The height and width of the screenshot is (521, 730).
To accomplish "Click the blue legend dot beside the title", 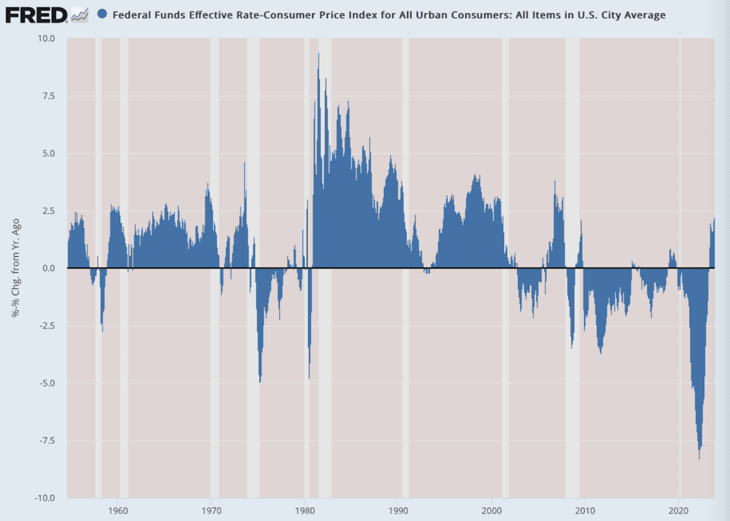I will coord(102,15).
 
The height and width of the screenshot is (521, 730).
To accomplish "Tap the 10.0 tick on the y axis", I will coord(46,38).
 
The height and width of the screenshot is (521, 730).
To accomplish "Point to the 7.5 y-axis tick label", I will coord(48,96).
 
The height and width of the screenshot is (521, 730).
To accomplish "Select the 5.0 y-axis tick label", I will coord(48,153).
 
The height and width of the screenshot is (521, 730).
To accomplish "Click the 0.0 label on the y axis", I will coord(48,268).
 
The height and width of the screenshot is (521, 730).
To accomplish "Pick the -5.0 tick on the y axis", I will coord(47,383).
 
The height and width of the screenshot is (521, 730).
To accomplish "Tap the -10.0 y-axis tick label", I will coord(45,498).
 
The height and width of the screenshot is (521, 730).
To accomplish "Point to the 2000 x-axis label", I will coord(492,509).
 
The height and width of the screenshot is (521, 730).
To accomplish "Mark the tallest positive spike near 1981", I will coord(318,54).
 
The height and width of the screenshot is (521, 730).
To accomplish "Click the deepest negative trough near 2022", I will coord(699,458).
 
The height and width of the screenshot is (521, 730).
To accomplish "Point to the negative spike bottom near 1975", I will coord(260,382).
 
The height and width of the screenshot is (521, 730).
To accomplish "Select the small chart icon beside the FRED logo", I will coord(80,15).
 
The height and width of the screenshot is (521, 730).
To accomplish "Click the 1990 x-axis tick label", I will coord(398,509).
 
